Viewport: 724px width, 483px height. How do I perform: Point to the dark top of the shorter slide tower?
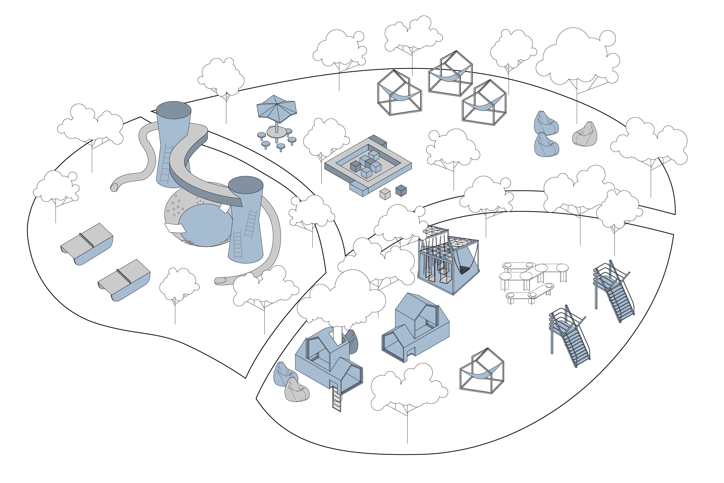click(x=246, y=185)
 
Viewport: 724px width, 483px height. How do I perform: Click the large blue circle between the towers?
click(x=205, y=225)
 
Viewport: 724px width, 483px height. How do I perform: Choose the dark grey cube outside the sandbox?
click(x=401, y=190)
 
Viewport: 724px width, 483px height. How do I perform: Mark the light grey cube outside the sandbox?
click(x=385, y=194)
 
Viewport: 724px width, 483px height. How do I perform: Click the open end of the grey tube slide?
click(x=114, y=187)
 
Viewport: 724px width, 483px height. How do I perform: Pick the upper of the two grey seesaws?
click(x=87, y=243)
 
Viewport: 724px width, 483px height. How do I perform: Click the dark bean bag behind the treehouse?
click(x=353, y=341)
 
